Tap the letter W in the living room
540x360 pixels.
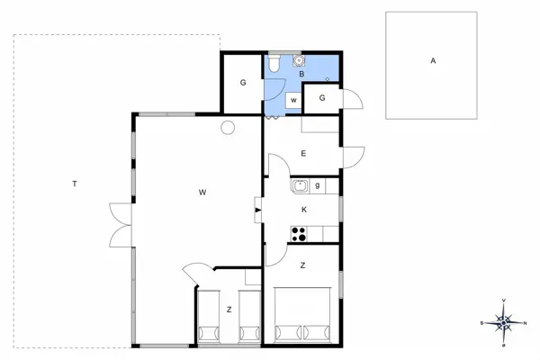point(204,192)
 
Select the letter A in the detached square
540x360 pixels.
point(433,61)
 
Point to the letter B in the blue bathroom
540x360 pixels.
point(301,74)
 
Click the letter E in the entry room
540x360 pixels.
point(303,154)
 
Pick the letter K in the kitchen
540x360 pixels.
point(304,210)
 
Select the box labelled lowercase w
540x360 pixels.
point(293,100)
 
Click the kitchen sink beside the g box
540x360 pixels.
point(301,186)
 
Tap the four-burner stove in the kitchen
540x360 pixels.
point(299,234)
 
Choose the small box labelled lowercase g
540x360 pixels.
point(318,186)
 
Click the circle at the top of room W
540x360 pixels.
point(228,127)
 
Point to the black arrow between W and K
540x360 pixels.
point(258,211)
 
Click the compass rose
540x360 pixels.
point(504,321)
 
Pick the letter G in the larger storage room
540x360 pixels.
point(243,83)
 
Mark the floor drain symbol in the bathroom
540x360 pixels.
point(327,79)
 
